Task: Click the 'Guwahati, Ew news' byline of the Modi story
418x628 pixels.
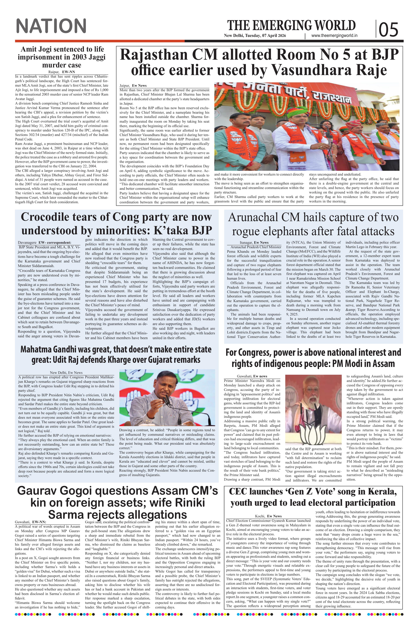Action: click(252, 376)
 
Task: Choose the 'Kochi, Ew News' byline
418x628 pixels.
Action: click(268, 516)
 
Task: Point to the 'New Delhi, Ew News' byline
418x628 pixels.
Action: click(66, 372)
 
